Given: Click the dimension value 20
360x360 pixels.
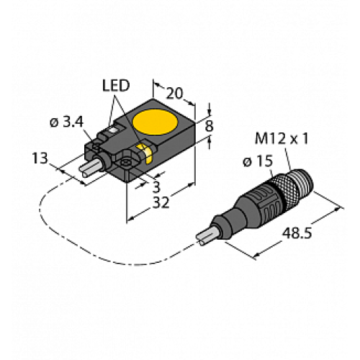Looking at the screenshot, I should coord(174,93).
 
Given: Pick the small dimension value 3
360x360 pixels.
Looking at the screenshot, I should coord(156,186).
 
